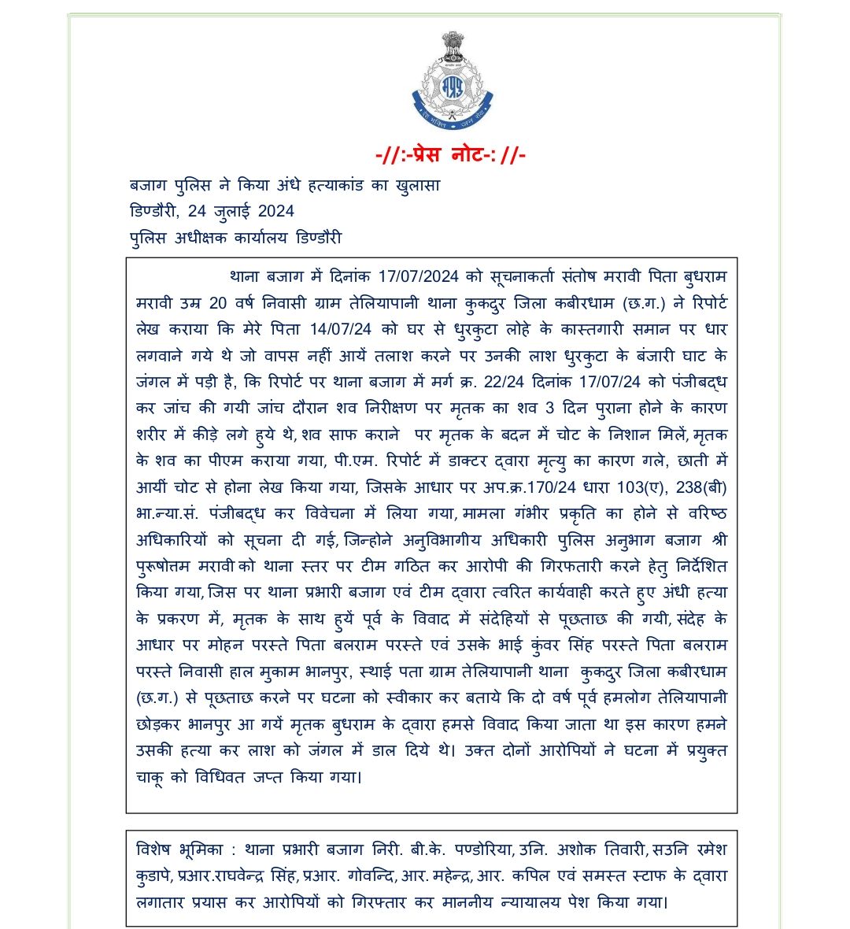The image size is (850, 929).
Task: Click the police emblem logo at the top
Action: pos(453,83)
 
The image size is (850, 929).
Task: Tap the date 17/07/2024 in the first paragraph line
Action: pos(418,277)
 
